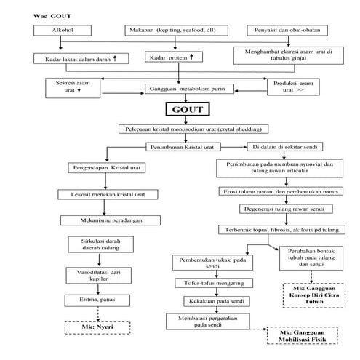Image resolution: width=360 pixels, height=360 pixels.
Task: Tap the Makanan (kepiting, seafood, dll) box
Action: tap(180, 32)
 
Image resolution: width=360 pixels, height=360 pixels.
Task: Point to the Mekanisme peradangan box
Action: tap(103, 220)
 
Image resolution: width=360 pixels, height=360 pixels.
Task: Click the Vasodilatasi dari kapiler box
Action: tap(100, 274)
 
